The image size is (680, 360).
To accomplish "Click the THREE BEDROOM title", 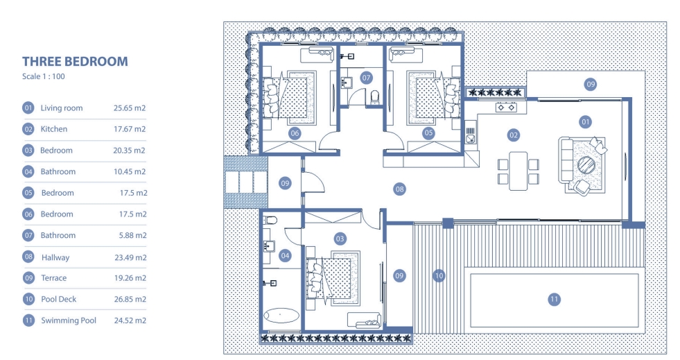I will [75, 62].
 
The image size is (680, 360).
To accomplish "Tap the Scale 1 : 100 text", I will [44, 77].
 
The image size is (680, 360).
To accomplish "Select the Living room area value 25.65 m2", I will [130, 108].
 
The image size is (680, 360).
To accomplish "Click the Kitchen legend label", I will [54, 129].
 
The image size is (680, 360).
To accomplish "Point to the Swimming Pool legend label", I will [69, 320].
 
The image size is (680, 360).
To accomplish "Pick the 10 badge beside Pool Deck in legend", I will [28, 300].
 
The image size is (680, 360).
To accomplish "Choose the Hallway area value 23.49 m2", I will [130, 257].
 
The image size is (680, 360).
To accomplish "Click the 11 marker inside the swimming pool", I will [554, 300].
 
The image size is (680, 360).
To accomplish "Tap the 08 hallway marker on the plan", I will [399, 188].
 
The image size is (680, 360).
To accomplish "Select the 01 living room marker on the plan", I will [586, 122].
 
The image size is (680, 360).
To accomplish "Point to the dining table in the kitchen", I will [518, 171].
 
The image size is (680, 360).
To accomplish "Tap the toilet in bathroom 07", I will [375, 96].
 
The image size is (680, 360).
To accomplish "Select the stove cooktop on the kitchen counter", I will [505, 108].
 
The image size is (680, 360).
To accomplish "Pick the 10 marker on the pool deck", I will [439, 275].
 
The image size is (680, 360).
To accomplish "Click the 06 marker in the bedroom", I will [295, 132].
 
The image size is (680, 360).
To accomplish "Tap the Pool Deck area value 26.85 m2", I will [130, 300].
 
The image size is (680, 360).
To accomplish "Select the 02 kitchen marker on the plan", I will [514, 134].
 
